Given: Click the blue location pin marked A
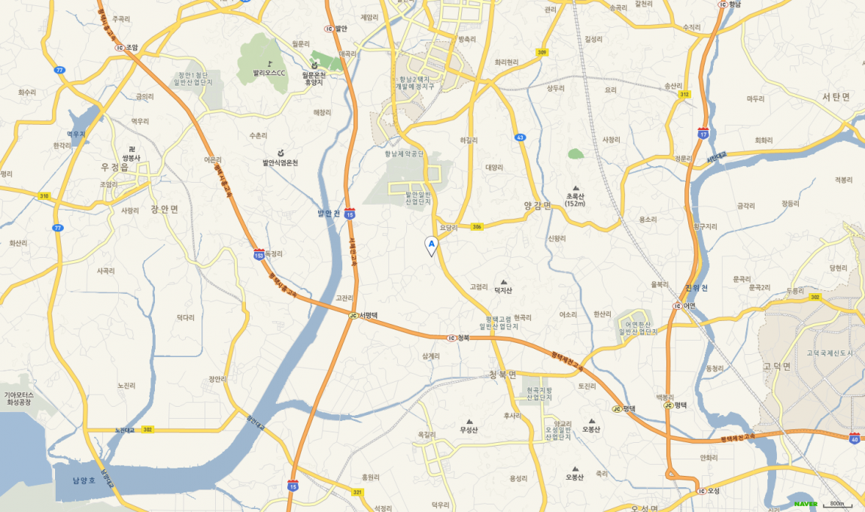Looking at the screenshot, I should click(431, 245).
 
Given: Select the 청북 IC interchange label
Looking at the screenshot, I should click(459, 338).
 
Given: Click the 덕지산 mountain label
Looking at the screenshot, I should click(503, 290).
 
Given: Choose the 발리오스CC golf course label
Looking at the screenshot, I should click(269, 73).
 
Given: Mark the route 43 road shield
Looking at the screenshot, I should click(520, 138).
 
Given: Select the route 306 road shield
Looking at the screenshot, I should click(477, 227).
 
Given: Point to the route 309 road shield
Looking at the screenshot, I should click(542, 52).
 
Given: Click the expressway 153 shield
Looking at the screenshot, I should click(259, 255).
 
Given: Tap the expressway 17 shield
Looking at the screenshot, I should click(703, 133).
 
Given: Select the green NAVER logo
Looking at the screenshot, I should click(805, 504).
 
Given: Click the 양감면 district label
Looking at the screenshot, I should click(538, 204).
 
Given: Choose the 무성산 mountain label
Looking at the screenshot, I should click(469, 430).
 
